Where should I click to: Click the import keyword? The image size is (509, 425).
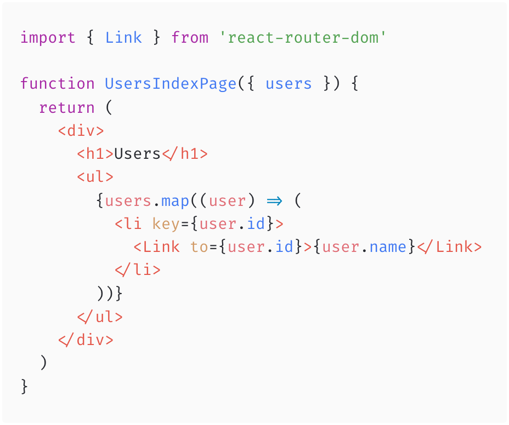click(48, 38)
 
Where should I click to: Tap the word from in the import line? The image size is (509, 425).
click(190, 38)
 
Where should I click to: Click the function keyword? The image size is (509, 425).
click(57, 84)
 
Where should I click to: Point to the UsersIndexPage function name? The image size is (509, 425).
click(170, 84)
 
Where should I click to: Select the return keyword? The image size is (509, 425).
click(66, 107)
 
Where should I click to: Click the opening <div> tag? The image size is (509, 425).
click(81, 131)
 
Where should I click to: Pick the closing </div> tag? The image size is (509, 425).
click(86, 340)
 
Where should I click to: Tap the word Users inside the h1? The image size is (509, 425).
click(137, 154)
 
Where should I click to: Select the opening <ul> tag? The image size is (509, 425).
click(95, 177)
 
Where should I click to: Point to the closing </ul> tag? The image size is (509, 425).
click(100, 317)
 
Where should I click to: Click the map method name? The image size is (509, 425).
click(175, 200)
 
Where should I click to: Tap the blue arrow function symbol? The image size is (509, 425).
click(274, 200)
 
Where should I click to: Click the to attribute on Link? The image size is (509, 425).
click(199, 247)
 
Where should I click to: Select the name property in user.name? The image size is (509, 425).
click(388, 247)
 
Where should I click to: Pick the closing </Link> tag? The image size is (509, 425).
click(449, 247)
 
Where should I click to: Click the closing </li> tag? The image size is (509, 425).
click(137, 270)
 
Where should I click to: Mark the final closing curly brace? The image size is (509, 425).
click(24, 387)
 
